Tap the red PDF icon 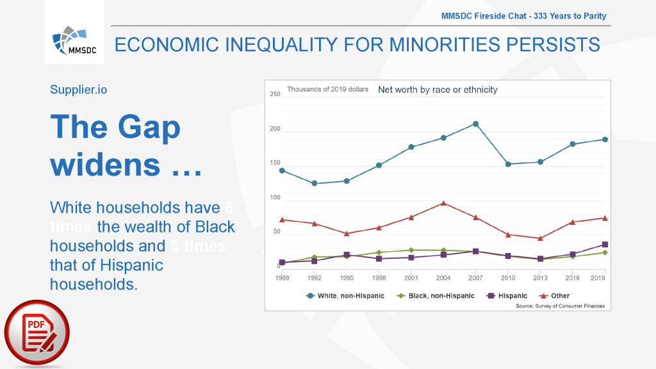(37, 333)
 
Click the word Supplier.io (79, 90)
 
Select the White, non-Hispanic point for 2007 (476, 124)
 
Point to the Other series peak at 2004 (443, 203)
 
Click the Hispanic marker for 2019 (605, 245)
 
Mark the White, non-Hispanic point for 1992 (314, 183)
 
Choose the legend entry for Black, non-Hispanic (436, 296)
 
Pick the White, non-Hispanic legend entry (345, 296)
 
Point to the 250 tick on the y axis (275, 94)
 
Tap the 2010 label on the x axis (508, 277)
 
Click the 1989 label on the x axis (282, 277)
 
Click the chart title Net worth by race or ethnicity (438, 90)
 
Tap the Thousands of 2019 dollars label (327, 90)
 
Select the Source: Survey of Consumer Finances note (560, 306)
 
